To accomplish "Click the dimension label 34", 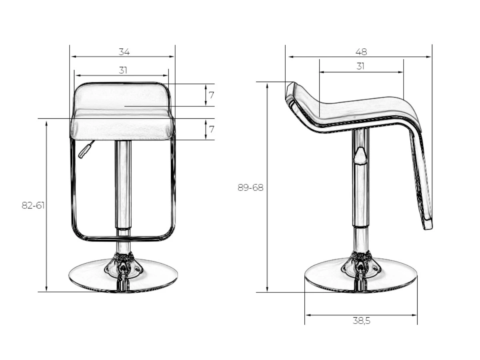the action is tap(124, 52).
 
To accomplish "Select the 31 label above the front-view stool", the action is tap(123, 70).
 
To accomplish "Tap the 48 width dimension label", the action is tap(361, 52).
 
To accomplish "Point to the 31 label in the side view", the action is tap(360, 66).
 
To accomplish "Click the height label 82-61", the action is tap(33, 206).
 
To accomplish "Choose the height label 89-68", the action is tap(250, 188).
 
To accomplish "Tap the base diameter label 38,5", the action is tap(362, 321).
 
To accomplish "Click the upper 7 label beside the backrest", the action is tap(211, 95).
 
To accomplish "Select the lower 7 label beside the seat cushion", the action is tap(211, 129).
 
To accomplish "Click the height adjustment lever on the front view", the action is tap(86, 150).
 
